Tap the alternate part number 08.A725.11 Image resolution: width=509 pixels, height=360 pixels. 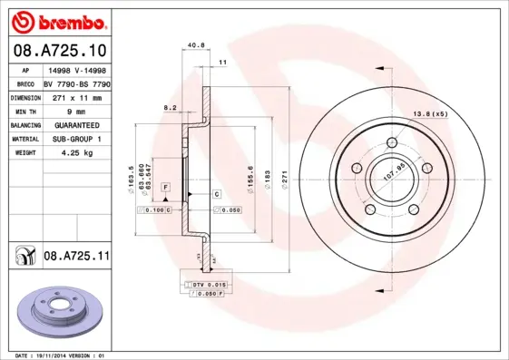pos(76,257)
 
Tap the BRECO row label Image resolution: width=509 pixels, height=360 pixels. pos(24,82)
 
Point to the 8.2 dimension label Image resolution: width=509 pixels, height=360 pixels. pos(170,107)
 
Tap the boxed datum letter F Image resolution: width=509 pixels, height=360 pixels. pos(166,186)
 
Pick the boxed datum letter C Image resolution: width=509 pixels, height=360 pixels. pos(217,195)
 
